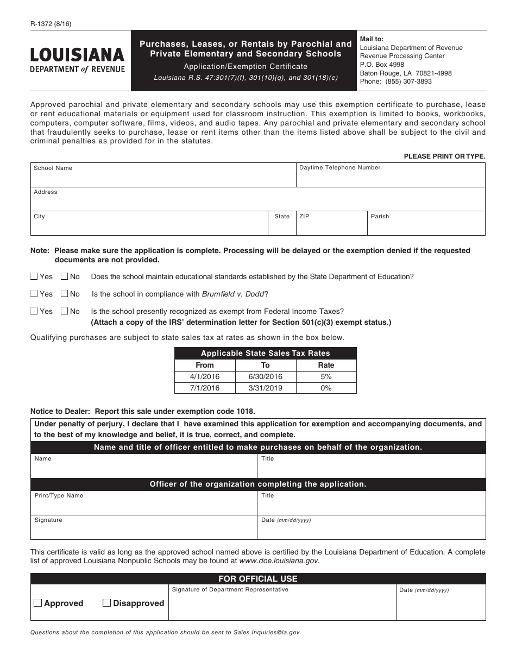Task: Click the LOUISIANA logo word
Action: [x=77, y=55]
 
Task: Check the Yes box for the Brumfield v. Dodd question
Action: [x=34, y=294]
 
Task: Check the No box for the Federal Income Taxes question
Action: [x=65, y=311]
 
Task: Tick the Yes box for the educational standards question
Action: [x=34, y=276]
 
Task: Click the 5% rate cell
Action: [x=326, y=376]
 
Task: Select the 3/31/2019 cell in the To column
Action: [x=266, y=388]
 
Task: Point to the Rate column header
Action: [x=326, y=365]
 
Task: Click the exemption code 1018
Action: [x=244, y=412]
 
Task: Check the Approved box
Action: [x=38, y=603]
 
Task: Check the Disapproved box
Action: [x=107, y=603]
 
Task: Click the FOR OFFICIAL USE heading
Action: [x=258, y=579]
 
